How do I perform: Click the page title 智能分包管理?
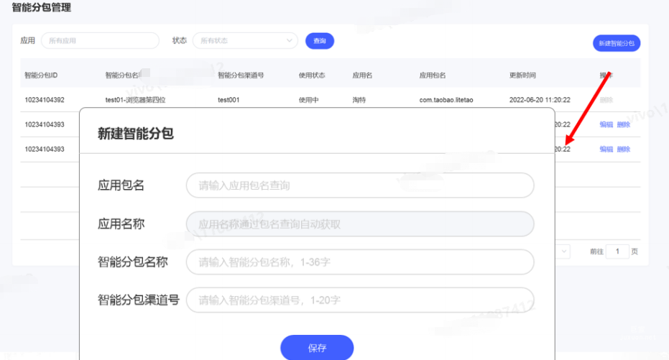[x=41, y=8]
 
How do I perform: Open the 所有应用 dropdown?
[x=99, y=41]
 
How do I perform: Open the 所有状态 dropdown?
[x=244, y=41]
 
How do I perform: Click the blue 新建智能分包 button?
[x=616, y=43]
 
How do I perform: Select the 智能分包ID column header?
[x=41, y=75]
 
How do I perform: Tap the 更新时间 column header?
[x=522, y=75]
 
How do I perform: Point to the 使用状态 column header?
[x=312, y=75]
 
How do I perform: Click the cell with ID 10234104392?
[x=45, y=100]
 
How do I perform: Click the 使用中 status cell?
[x=309, y=100]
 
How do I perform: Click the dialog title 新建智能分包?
[x=136, y=133]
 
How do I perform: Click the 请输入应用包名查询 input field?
[x=359, y=185]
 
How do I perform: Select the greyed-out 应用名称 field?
[x=359, y=224]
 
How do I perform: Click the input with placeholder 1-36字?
[x=359, y=262]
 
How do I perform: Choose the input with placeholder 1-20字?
[x=359, y=300]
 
